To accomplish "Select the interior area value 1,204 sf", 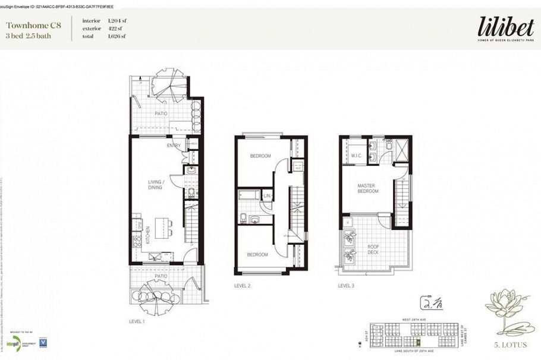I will (x=117, y=21).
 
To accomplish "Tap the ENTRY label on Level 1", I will (x=174, y=146).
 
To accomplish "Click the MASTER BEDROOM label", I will (x=367, y=189).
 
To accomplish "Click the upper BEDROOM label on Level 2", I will (x=260, y=156).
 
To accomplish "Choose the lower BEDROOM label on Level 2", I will (x=257, y=254).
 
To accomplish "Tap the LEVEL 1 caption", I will (x=137, y=321).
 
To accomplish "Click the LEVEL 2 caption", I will (x=242, y=286).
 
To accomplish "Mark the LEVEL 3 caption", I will (x=346, y=286).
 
